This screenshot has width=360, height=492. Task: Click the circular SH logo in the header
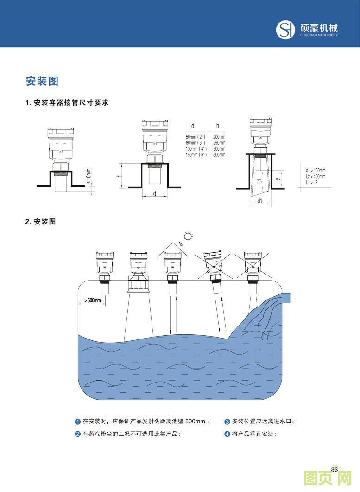click(285, 30)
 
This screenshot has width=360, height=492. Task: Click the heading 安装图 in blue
click(42, 82)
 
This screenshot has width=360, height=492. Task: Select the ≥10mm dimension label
click(88, 176)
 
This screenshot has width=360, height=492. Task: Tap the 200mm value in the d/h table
click(219, 137)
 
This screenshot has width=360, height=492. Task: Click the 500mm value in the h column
click(219, 154)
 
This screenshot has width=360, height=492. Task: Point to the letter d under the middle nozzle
click(154, 194)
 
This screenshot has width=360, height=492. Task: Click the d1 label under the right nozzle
click(260, 201)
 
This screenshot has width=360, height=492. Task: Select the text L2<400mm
click(316, 176)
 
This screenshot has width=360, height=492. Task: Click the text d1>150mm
click(316, 170)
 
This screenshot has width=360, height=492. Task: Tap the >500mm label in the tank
click(93, 300)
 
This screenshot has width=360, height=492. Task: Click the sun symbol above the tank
click(188, 236)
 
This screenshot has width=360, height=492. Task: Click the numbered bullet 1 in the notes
click(78, 422)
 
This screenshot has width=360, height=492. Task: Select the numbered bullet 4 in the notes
click(227, 434)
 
